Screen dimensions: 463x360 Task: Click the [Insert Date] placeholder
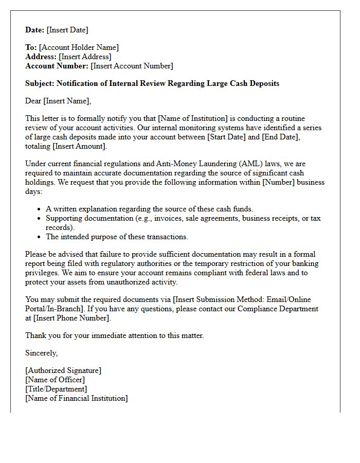pyautogui.click(x=67, y=30)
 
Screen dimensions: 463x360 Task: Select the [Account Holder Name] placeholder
pyautogui.click(x=79, y=47)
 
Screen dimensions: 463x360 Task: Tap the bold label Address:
pyautogui.click(x=41, y=57)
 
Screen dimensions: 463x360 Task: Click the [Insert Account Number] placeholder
pyautogui.click(x=132, y=66)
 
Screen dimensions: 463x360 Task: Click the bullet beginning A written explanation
pyautogui.click(x=149, y=209)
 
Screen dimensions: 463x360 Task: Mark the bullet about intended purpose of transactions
pyautogui.click(x=117, y=237)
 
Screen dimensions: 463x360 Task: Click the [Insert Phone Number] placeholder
pyautogui.click(x=72, y=318)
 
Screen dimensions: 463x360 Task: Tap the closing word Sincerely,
pyautogui.click(x=42, y=353)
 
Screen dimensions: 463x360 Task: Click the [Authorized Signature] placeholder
pyautogui.click(x=63, y=370)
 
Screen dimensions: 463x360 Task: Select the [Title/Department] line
pyautogui.click(x=56, y=389)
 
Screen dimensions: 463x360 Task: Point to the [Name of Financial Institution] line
pyautogui.click(x=77, y=398)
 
